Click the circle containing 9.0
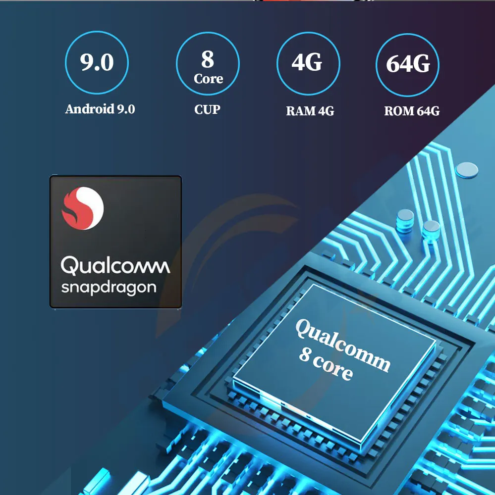point(97,63)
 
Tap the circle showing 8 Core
point(208,63)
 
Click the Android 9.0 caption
point(100,109)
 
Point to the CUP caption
point(207,109)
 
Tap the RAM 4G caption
point(310,111)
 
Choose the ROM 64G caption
point(412,111)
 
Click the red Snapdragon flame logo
point(82,208)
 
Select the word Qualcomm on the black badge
point(115,266)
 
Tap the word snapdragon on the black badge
point(109,288)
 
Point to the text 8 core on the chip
point(326,364)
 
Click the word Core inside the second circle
point(208,79)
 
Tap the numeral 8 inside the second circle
point(208,59)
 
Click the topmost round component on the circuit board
point(467,170)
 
